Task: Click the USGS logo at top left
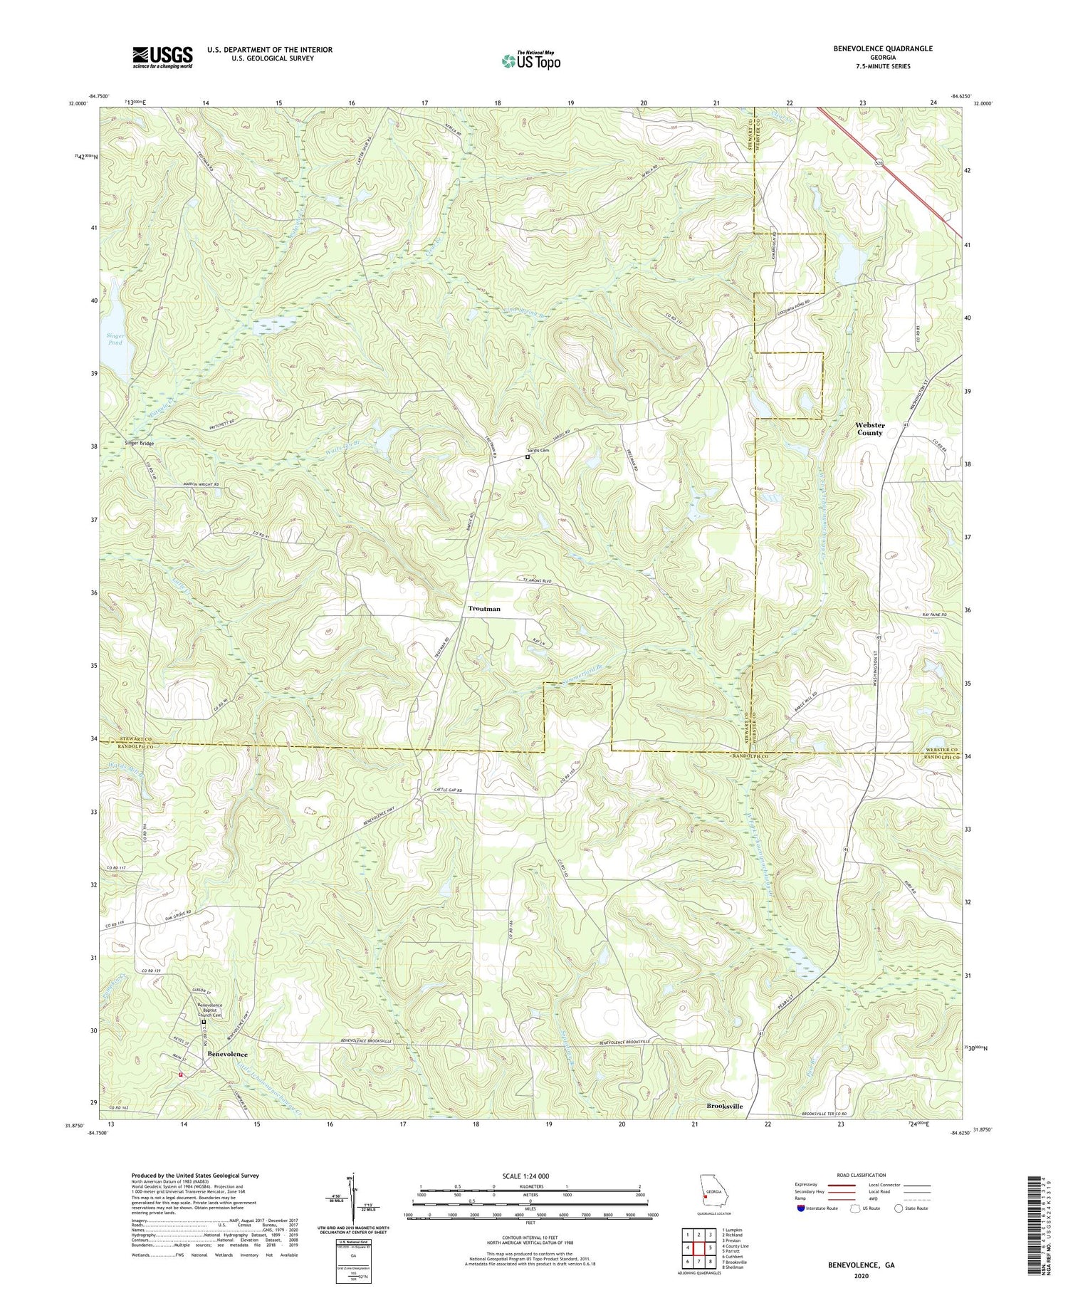[162, 57]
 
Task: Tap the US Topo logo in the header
[530, 61]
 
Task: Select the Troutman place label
[484, 609]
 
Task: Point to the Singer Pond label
[115, 339]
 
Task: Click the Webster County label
[869, 429]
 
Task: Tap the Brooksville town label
[724, 1106]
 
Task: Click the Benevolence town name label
[227, 1053]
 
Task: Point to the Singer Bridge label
[139, 443]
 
